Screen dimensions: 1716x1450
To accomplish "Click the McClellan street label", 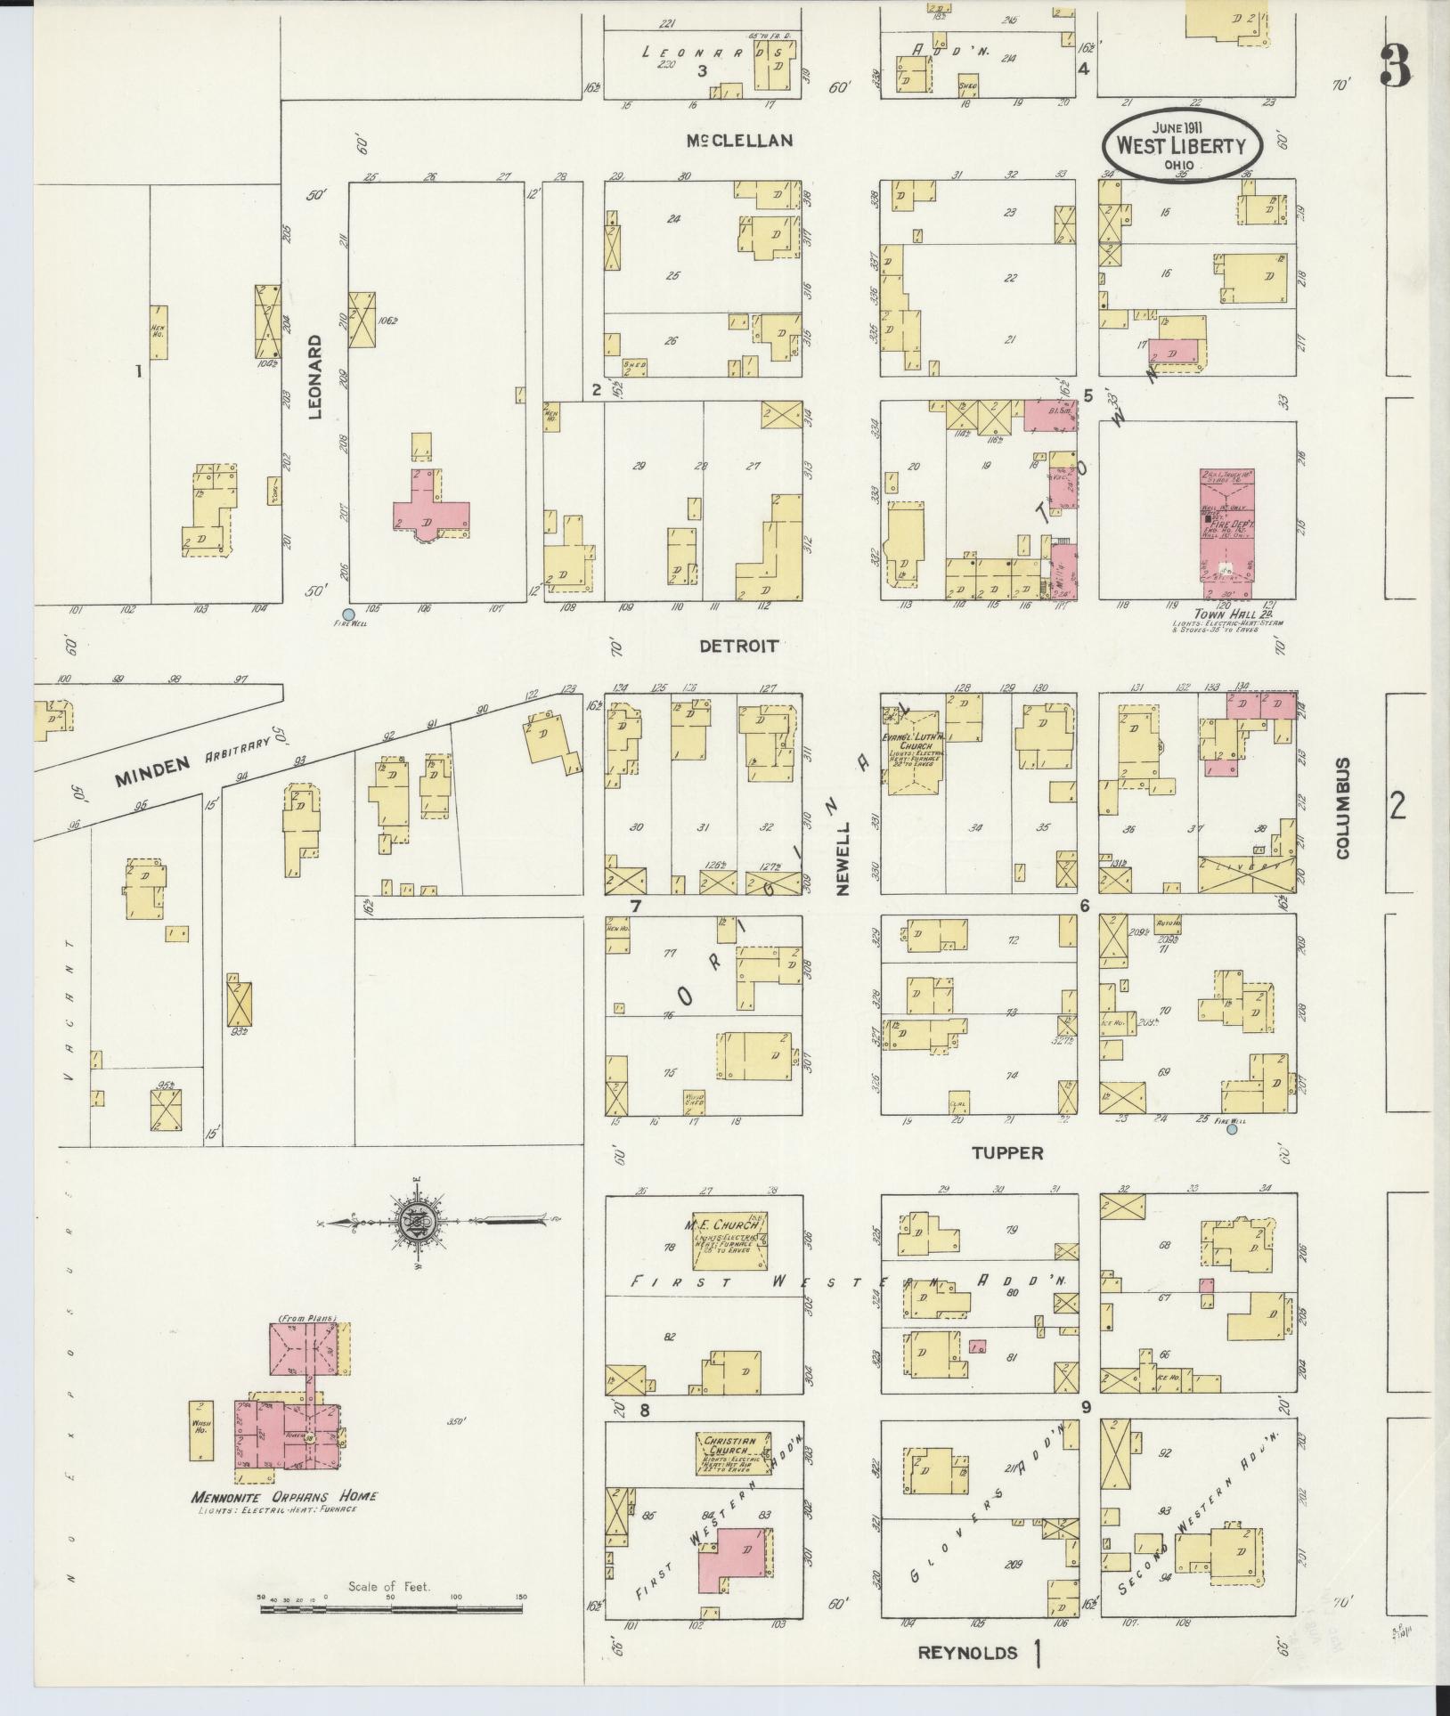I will tap(739, 141).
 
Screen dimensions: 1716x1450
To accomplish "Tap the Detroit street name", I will tap(738, 646).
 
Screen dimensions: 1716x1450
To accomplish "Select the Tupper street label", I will tap(1006, 1153).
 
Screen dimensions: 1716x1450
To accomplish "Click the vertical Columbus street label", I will tap(1342, 808).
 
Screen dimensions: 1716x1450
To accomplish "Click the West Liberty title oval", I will tap(1181, 145).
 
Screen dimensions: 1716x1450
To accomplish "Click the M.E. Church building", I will tap(730, 1241).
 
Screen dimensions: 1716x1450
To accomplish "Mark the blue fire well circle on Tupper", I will tap(1232, 1129).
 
